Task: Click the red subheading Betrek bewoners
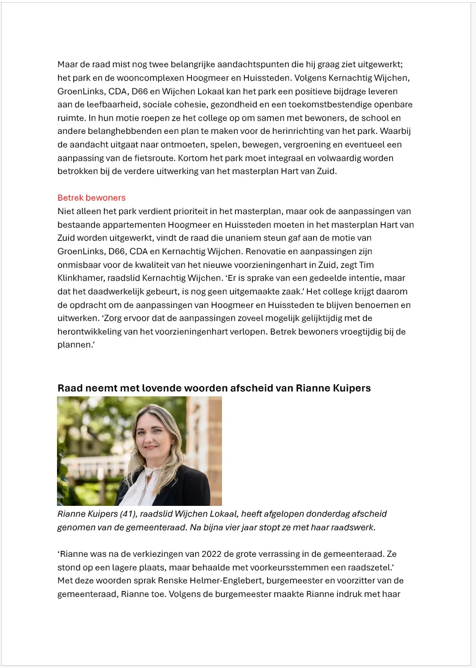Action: coord(91,198)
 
